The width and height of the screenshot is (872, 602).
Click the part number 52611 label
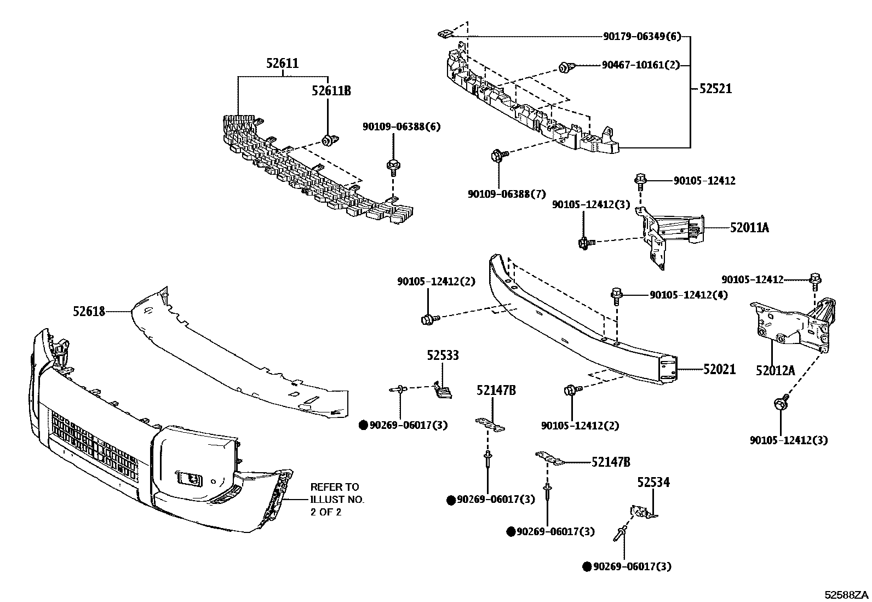tap(283, 64)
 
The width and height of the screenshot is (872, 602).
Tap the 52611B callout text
tap(331, 91)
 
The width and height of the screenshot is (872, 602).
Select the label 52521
tap(715, 89)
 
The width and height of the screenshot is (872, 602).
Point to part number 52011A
tap(749, 228)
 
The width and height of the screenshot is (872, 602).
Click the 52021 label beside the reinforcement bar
tap(719, 370)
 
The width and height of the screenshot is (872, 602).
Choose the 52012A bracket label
tap(775, 371)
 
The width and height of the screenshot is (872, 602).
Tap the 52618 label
tap(89, 311)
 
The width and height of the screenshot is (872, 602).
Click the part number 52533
tap(443, 356)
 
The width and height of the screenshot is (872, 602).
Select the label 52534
tap(653, 483)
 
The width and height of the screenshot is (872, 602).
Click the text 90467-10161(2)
tap(640, 65)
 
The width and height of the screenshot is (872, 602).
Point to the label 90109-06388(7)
tap(507, 194)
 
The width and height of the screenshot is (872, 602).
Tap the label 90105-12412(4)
tap(689, 295)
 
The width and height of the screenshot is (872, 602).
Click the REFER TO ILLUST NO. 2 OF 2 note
tap(335, 500)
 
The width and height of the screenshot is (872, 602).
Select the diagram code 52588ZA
tap(847, 594)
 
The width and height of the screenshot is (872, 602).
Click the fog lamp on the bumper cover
tap(188, 478)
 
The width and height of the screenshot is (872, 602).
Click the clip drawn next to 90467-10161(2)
tap(564, 68)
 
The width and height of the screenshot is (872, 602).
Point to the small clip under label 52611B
tap(327, 141)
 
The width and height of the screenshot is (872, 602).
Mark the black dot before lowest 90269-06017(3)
tap(587, 567)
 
